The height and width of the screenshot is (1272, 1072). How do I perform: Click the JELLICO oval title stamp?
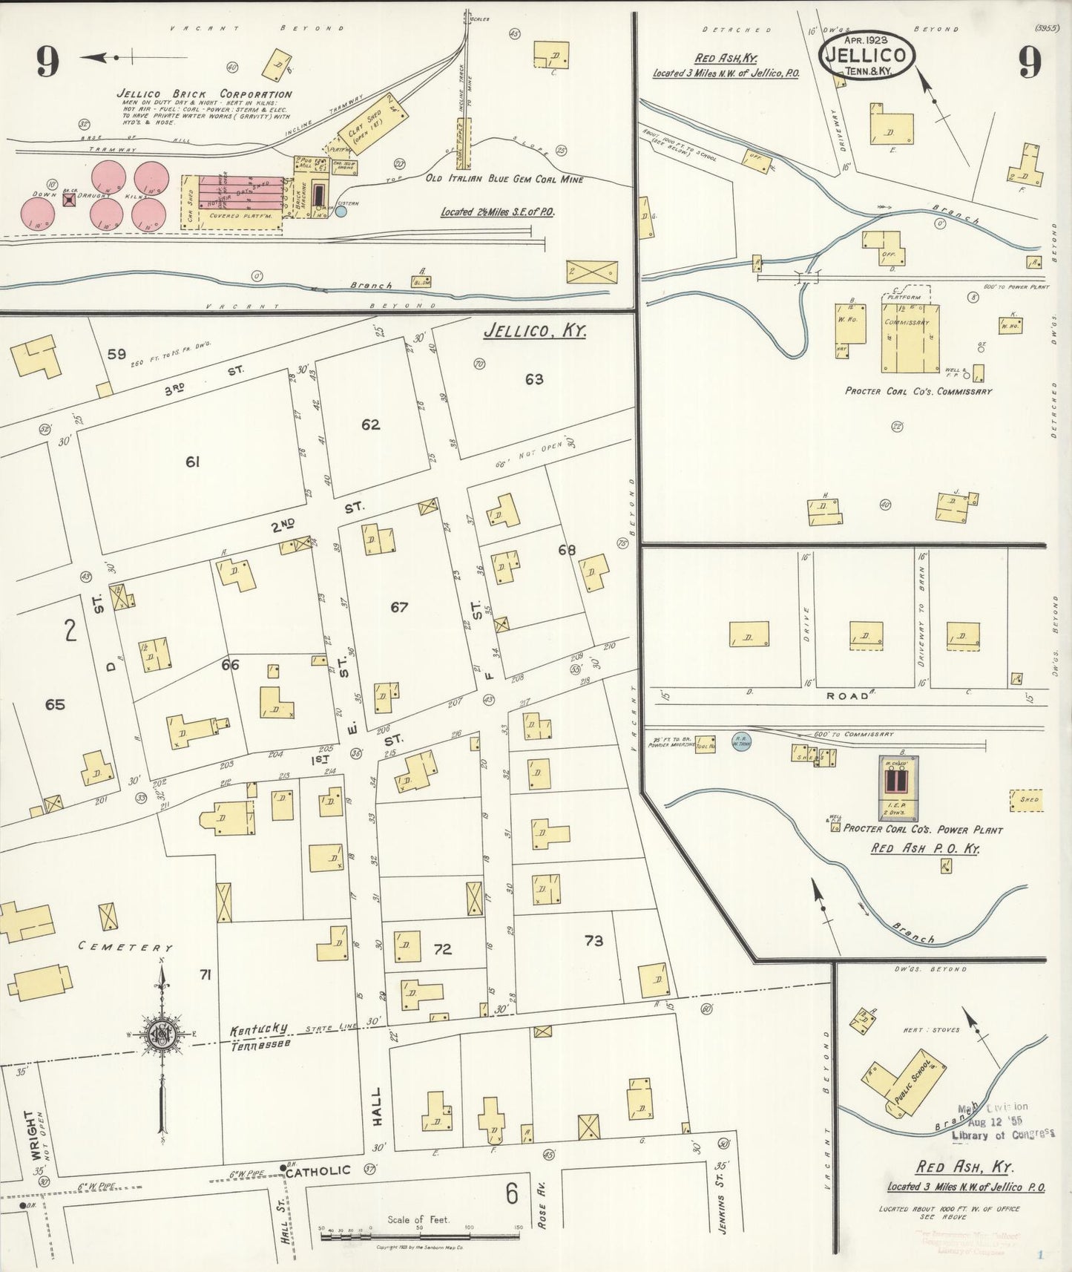867,56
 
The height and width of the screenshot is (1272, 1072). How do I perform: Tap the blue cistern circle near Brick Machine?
341,212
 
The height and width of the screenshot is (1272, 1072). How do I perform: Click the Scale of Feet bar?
421,1229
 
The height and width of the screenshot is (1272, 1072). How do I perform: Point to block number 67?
399,607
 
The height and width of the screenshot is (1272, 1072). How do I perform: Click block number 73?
593,941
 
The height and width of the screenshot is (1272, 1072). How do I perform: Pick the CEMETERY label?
126,948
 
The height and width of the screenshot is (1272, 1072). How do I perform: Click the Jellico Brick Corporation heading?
204,94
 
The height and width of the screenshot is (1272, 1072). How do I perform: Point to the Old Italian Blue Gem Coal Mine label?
504,179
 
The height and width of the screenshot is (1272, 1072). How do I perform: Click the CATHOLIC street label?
318,1171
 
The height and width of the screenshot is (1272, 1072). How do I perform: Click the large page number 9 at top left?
47,62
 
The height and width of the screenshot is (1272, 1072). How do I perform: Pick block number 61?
193,462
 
